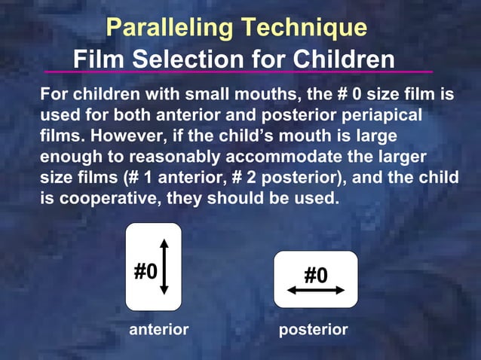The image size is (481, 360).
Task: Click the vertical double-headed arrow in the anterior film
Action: tap(164, 267)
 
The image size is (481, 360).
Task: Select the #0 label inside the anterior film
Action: tap(146, 270)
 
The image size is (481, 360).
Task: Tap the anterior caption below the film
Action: tap(159, 330)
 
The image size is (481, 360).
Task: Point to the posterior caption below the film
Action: tap(314, 330)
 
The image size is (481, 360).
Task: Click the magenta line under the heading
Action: tap(238, 72)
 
